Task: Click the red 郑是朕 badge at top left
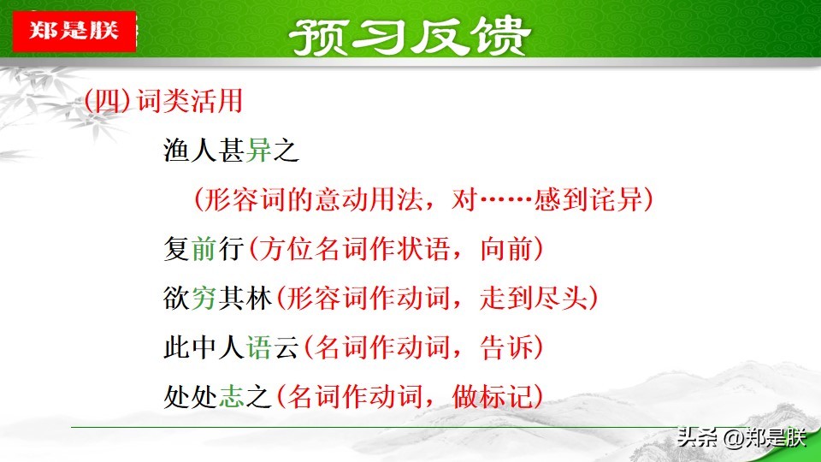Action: [74, 31]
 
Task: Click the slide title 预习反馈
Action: [410, 37]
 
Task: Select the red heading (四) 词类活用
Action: [163, 101]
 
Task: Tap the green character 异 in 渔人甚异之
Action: [258, 151]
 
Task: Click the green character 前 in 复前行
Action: [204, 249]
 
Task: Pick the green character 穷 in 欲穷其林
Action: [204, 298]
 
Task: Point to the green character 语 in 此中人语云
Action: [258, 347]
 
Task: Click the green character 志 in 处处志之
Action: [232, 396]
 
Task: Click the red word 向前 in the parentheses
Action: [505, 249]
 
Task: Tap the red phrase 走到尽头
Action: [533, 298]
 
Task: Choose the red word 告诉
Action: [505, 347]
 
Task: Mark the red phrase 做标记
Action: [493, 396]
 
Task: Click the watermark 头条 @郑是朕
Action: [741, 437]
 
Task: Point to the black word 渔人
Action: [190, 151]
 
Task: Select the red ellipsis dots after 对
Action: [505, 199]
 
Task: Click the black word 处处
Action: [190, 396]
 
